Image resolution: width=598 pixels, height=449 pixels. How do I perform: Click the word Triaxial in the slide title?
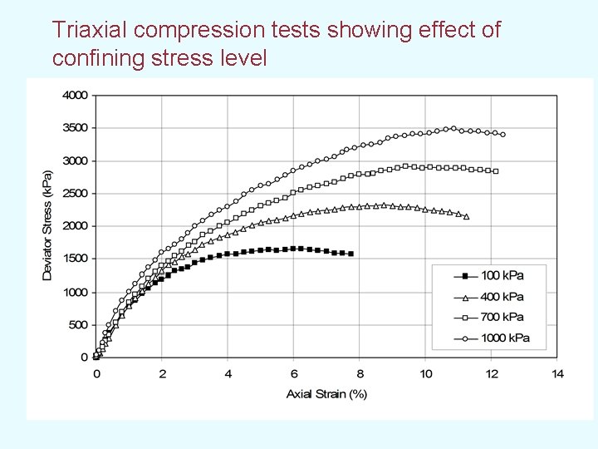click(x=87, y=31)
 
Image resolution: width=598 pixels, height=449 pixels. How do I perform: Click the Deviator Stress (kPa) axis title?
click(x=47, y=225)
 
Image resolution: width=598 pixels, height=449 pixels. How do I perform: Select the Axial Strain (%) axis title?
click(x=326, y=393)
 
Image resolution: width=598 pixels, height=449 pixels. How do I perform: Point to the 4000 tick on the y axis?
click(x=75, y=95)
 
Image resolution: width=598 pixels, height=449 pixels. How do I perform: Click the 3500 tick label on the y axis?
click(x=75, y=128)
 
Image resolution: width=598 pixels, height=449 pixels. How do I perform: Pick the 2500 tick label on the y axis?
click(x=75, y=194)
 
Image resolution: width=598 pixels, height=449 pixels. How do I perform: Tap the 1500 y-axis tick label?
click(x=75, y=259)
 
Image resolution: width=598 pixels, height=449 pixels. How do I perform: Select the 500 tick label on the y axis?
click(x=78, y=324)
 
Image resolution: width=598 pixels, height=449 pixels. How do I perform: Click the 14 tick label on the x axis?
click(x=557, y=374)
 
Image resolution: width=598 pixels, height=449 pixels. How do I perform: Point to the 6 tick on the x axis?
click(x=294, y=374)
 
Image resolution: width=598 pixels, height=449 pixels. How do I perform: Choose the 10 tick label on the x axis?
click(x=425, y=374)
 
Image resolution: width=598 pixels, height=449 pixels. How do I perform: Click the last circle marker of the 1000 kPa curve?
click(x=502, y=134)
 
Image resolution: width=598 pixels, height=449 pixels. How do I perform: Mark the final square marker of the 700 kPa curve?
click(x=496, y=171)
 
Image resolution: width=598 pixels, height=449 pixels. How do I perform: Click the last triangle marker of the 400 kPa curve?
click(x=466, y=216)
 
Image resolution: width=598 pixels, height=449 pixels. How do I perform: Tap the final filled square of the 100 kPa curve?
click(x=351, y=254)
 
